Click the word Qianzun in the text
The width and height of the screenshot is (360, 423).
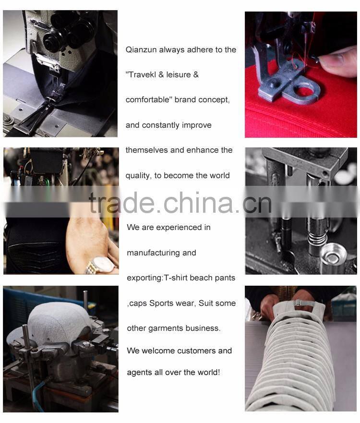(141, 50)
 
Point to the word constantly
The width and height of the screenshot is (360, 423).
(162, 125)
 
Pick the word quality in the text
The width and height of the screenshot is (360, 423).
(137, 176)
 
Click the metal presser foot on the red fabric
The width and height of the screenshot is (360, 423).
(288, 86)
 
